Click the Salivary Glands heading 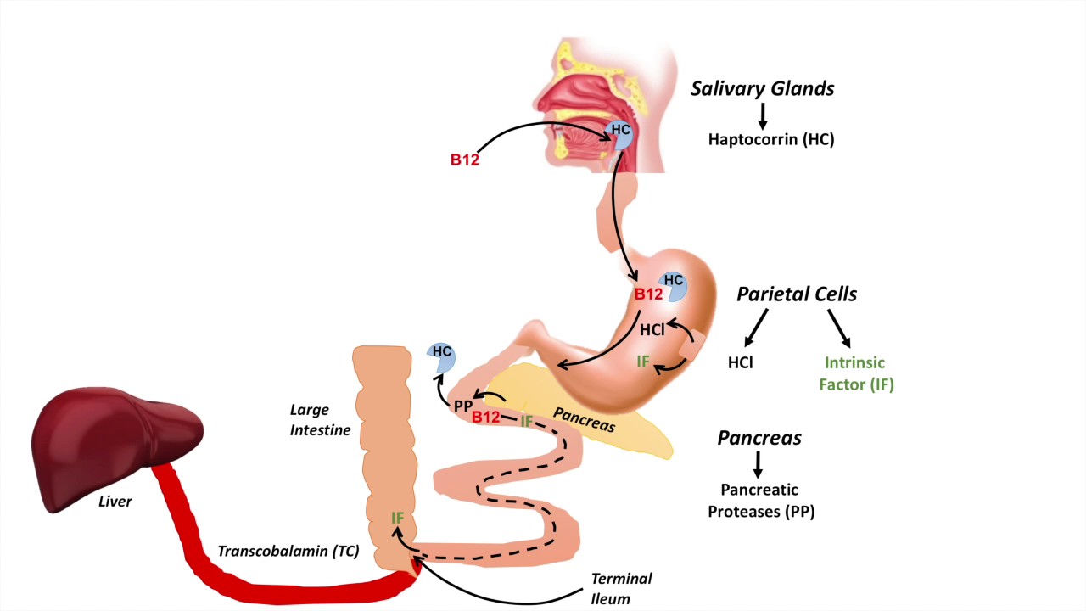tap(762, 88)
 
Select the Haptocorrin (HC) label tap(771, 140)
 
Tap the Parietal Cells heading tap(796, 294)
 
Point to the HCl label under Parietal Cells tap(741, 362)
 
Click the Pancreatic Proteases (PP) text tap(760, 501)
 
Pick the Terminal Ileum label tap(622, 587)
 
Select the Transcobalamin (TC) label tap(288, 551)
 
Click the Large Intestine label tap(320, 420)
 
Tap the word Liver tap(115, 502)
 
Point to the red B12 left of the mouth tap(464, 159)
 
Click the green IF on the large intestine tap(397, 517)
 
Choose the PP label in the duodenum tap(462, 406)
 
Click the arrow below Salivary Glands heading tap(762, 115)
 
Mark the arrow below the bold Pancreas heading tap(758, 463)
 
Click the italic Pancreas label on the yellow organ tap(584, 420)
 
